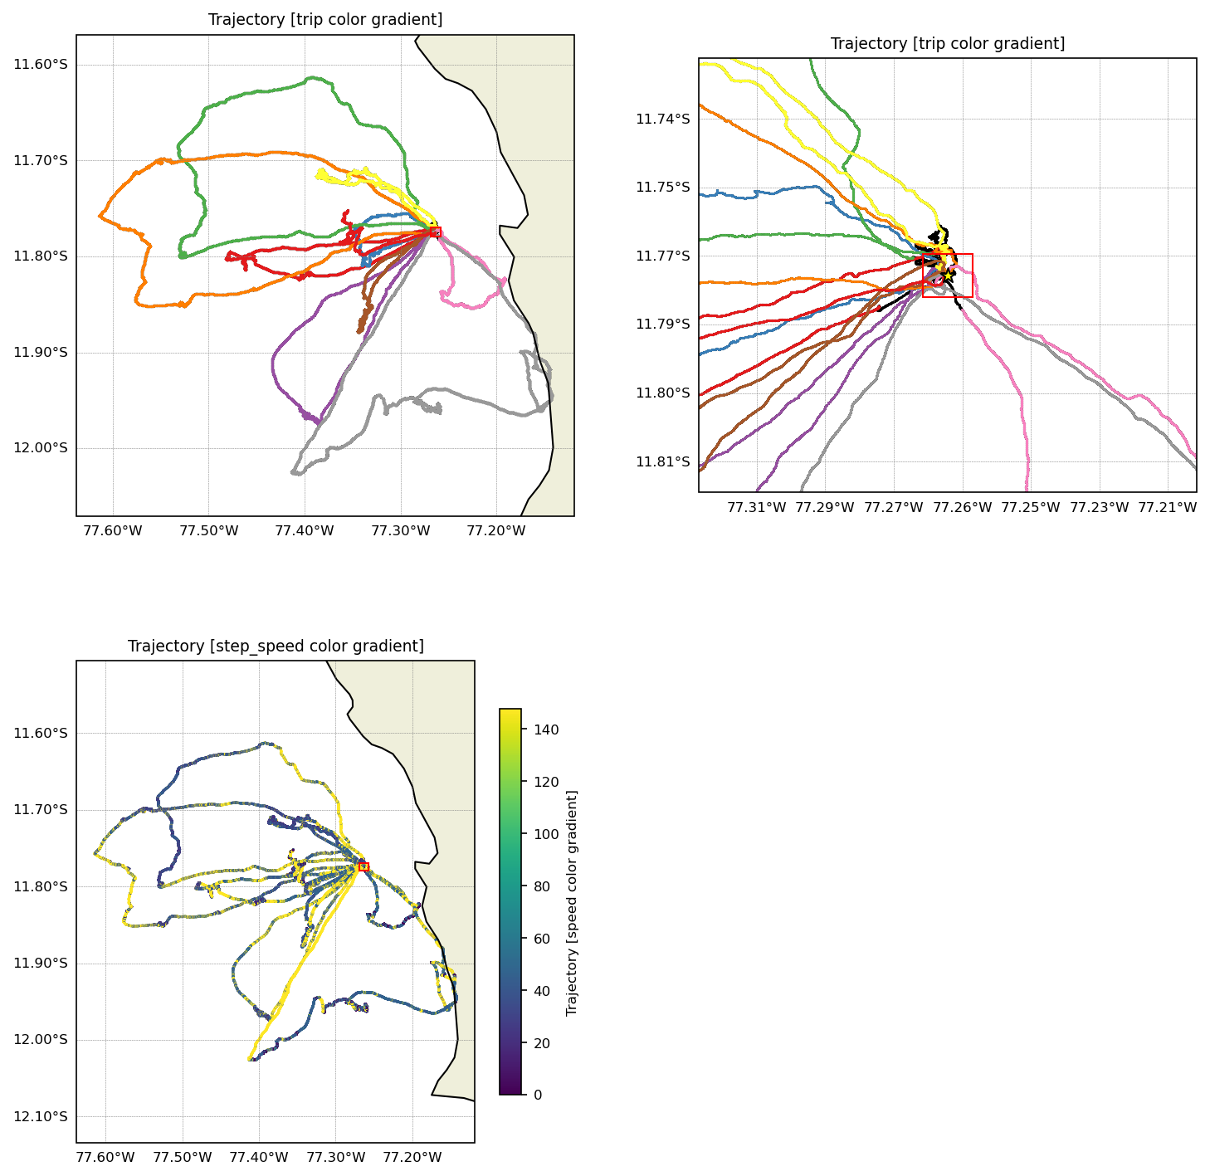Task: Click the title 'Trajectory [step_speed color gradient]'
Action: pyautogui.click(x=276, y=646)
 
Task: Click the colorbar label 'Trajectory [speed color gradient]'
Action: pyautogui.click(x=571, y=902)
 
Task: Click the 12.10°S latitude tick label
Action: pyautogui.click(x=40, y=1116)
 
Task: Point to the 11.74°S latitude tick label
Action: pyautogui.click(x=662, y=119)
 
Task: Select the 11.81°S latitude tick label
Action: pyautogui.click(x=662, y=461)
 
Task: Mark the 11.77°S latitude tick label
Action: pyautogui.click(x=662, y=256)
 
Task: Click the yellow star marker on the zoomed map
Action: pyautogui.click(x=948, y=276)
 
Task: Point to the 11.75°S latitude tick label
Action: pyautogui.click(x=662, y=188)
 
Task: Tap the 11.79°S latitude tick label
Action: pyautogui.click(x=662, y=324)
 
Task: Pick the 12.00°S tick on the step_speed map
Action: pyautogui.click(x=40, y=1040)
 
